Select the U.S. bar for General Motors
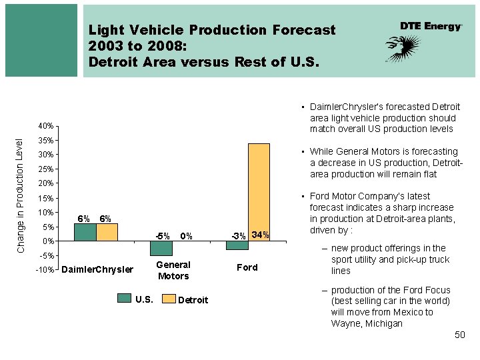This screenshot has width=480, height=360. pos(161,248)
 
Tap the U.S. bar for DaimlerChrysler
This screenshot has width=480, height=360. pos(85,232)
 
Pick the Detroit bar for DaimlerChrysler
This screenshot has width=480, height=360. pos(107,232)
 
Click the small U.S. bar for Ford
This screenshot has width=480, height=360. pos(237,245)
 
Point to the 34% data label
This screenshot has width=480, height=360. pos(261,235)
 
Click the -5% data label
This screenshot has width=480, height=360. pos(163,235)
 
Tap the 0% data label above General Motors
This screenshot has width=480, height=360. pos(186,235)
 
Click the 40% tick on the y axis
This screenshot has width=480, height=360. pos(46,126)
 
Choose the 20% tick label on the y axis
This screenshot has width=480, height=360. pos(46,183)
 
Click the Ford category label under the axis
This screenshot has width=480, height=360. pos(247,267)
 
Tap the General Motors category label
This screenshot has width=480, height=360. pos(173,271)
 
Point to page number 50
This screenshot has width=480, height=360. pos(459,335)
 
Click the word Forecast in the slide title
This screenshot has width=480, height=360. pos(304,30)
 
